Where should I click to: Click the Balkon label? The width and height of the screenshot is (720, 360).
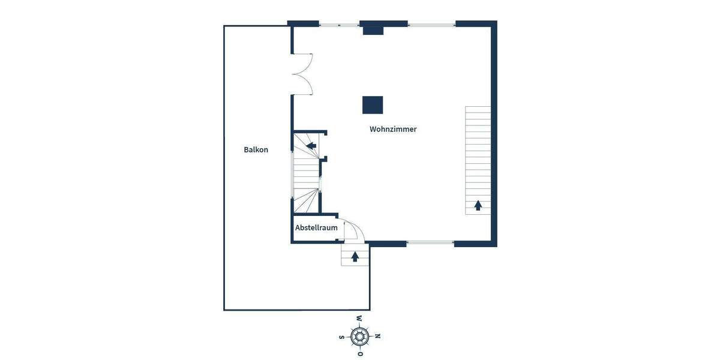point(256,149)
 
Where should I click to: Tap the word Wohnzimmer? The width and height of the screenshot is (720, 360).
point(393,129)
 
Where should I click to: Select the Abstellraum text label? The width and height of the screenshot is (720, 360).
point(316,228)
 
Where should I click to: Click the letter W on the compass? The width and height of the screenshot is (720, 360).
point(359,319)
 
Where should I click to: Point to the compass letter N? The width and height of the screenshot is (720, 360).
point(377,336)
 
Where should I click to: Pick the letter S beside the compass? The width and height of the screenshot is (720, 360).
point(341,337)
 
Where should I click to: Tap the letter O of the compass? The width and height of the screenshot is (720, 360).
point(359,354)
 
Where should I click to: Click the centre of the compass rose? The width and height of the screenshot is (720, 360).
point(359,336)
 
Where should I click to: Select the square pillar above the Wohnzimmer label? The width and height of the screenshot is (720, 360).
point(373,105)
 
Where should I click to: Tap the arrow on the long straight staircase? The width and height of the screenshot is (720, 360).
point(478,206)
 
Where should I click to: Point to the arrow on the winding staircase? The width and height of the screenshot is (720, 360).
point(311,145)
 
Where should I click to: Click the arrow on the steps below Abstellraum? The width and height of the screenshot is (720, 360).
point(355,257)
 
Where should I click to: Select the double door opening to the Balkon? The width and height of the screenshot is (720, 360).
point(302,74)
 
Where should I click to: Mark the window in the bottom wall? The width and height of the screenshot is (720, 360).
point(430,243)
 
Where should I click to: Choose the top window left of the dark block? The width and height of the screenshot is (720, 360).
point(338,25)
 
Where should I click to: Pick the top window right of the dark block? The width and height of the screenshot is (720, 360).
point(431,25)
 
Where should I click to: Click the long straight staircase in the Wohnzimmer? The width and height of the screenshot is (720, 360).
point(478,160)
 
